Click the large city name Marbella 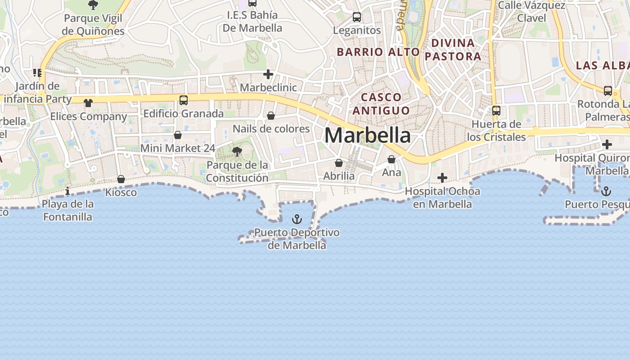coord(367,135)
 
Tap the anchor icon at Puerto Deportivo coord(297,219)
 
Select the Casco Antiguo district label coord(382,103)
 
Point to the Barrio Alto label coord(378,52)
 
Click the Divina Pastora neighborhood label coord(453,49)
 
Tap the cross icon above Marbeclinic coord(268,74)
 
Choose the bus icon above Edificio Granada coord(184,100)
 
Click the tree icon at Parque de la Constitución coord(237,152)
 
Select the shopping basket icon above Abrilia coord(339,163)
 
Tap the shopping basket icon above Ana coord(391,159)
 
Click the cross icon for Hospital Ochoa coord(442,178)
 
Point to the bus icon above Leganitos coord(357,17)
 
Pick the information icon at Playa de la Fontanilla coord(67,191)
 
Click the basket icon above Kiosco coord(121,179)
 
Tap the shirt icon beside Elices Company coord(88,103)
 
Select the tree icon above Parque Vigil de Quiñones coord(93,5)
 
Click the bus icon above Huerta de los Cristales coord(496,110)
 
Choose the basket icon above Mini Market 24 coord(178,135)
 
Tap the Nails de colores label coord(271,129)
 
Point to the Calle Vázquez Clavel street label coord(531,12)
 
